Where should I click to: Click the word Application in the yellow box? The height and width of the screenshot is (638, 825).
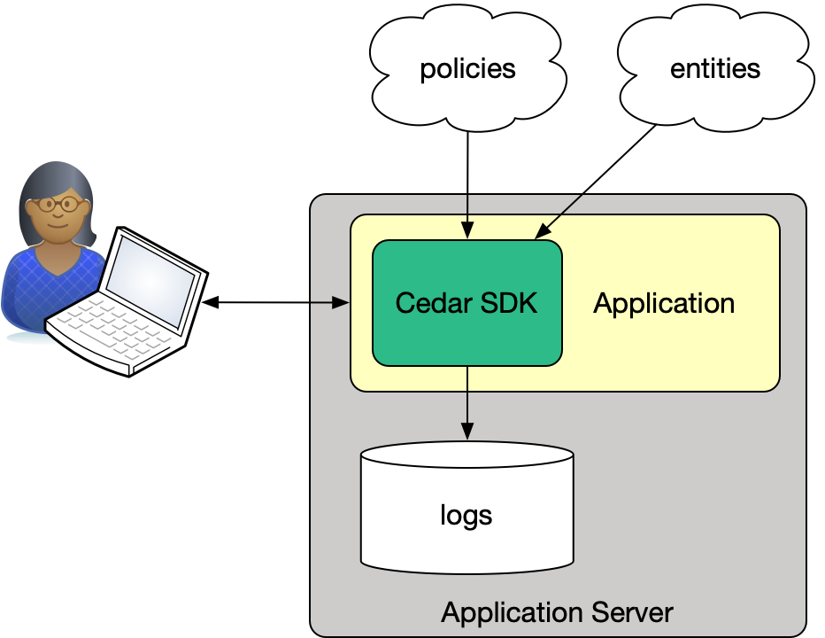coord(664,303)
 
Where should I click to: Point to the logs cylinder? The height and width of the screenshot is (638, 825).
coord(466,532)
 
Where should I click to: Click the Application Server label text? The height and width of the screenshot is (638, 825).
coord(557,612)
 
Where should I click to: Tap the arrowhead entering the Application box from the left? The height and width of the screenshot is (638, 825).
coord(343,303)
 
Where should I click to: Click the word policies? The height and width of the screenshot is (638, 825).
coord(467,69)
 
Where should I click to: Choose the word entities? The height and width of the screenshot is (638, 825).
coord(715,69)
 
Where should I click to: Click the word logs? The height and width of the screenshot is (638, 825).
coord(466,515)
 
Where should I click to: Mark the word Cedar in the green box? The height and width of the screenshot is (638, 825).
coord(424,303)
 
